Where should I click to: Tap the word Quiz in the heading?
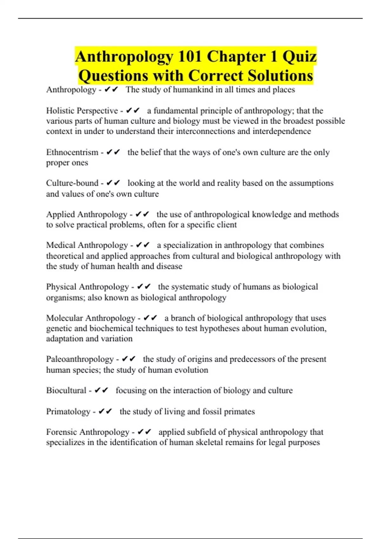299,56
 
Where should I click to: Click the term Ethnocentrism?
72,152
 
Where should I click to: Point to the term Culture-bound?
72,183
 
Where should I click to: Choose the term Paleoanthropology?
80,359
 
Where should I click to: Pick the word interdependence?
282,131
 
